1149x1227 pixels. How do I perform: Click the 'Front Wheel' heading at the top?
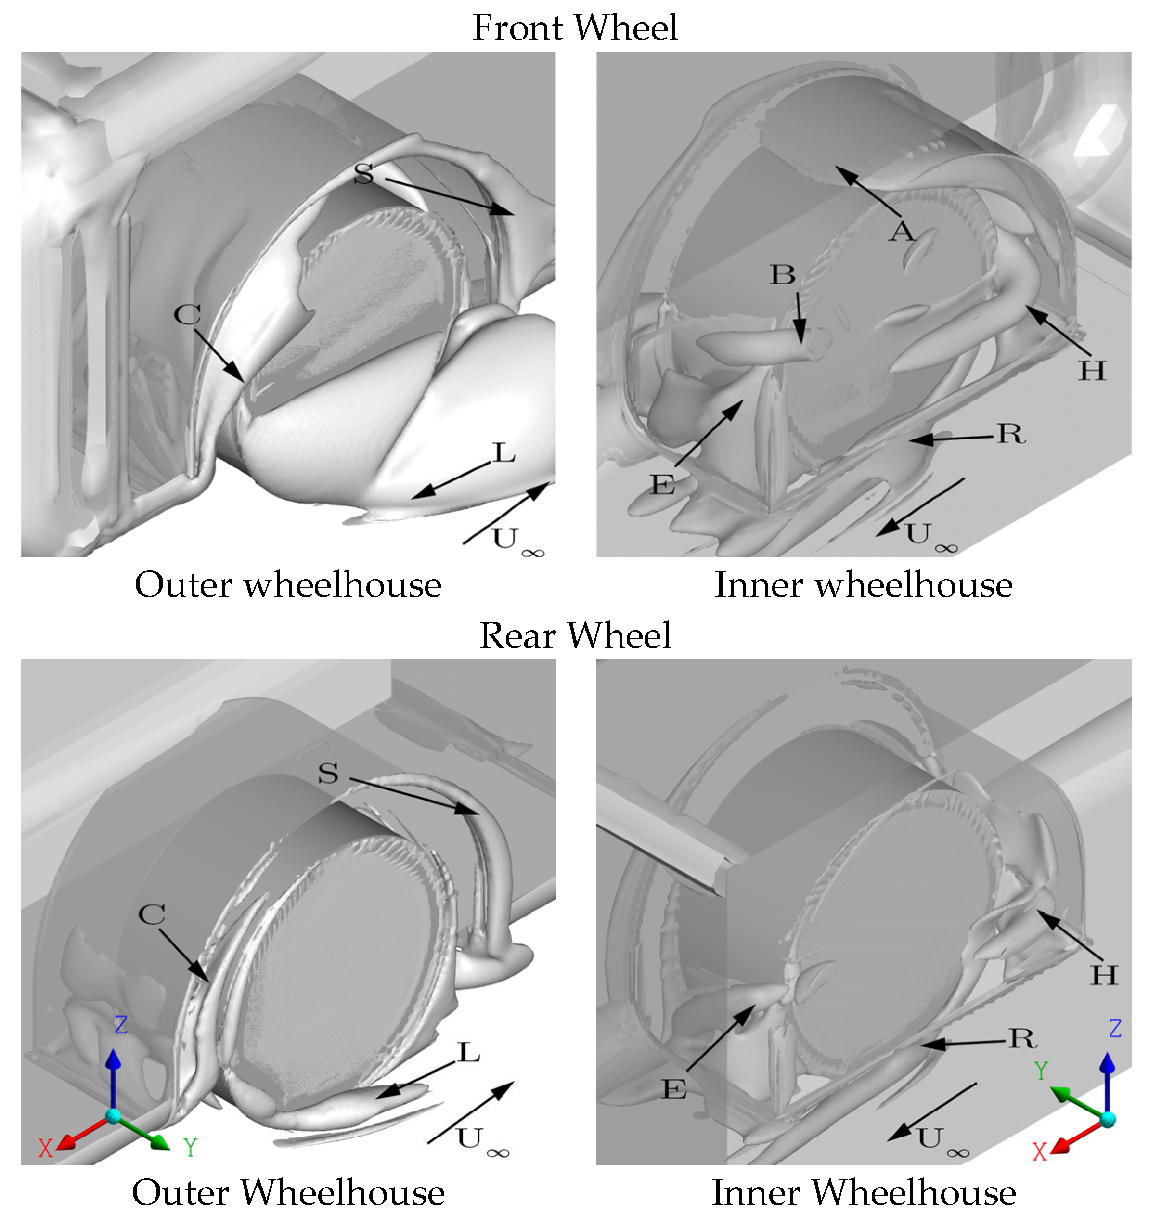[575, 28]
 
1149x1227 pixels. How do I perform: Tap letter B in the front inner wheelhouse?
[782, 275]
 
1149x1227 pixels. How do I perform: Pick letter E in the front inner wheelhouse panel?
[662, 485]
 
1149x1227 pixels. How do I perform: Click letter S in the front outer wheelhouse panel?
[363, 174]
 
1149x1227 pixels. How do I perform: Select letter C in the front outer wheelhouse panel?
[187, 315]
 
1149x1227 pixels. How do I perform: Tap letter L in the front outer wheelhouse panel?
[504, 453]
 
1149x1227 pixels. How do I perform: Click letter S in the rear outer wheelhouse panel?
[328, 774]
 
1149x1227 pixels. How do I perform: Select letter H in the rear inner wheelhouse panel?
[1104, 975]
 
